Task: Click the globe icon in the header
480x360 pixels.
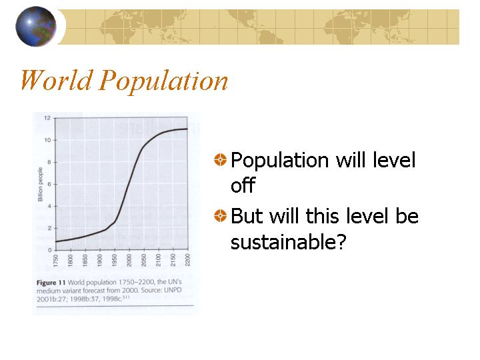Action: (x=36, y=26)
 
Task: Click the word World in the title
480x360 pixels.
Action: (x=57, y=80)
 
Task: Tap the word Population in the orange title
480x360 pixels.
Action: (x=163, y=81)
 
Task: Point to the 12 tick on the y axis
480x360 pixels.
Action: (x=47, y=118)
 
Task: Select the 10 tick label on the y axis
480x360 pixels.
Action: (x=47, y=140)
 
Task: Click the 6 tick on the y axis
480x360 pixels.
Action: (x=49, y=184)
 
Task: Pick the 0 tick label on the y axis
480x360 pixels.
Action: (x=49, y=250)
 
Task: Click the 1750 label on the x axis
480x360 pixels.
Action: (x=56, y=260)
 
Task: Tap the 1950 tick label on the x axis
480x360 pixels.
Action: (x=115, y=260)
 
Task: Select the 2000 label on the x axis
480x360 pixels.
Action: (x=129, y=260)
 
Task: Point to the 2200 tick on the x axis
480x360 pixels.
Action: (x=187, y=260)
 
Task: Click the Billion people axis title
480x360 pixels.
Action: (x=40, y=184)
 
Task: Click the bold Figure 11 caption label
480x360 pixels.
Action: (x=51, y=283)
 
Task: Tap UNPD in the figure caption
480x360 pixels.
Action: (x=173, y=290)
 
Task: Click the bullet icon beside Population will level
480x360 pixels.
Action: (x=221, y=159)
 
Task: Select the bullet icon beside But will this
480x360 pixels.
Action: (x=221, y=215)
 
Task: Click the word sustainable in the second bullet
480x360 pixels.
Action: (x=289, y=242)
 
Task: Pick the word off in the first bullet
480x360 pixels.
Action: (x=243, y=185)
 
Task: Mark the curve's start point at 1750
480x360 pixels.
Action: (x=56, y=241)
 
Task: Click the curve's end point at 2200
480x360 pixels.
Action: (x=187, y=129)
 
